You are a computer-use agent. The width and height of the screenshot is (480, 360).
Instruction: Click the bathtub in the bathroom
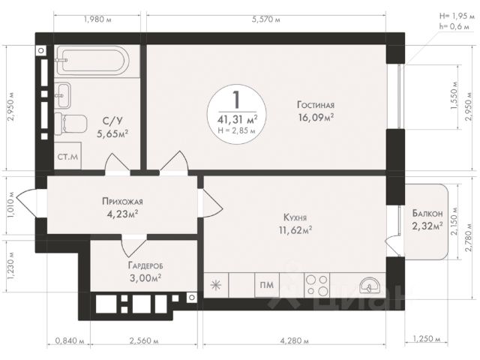[x=91, y=61]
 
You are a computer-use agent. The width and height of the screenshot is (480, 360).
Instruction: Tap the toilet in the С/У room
[x=70, y=124]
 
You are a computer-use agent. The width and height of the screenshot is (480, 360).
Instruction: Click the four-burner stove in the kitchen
[x=316, y=285]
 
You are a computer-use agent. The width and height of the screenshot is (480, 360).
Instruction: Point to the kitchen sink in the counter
[x=370, y=286]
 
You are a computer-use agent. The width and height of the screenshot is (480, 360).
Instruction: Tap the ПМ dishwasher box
[x=267, y=285]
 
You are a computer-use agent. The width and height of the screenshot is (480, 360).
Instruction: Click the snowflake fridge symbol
[x=216, y=285]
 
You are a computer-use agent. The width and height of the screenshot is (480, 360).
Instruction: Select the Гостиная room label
[x=316, y=105]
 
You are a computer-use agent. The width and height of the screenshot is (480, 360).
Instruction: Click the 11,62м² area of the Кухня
[x=295, y=230]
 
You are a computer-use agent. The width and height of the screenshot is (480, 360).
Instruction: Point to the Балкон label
[x=427, y=213]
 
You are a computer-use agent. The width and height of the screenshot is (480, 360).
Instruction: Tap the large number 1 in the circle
[x=236, y=100]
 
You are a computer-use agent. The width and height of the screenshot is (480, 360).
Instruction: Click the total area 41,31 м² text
[x=238, y=119]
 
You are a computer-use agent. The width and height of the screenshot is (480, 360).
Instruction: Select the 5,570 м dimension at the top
[x=266, y=19]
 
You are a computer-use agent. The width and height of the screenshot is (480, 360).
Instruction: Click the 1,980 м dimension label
[x=97, y=19]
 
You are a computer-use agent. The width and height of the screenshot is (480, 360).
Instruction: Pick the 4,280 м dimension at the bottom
[x=295, y=340]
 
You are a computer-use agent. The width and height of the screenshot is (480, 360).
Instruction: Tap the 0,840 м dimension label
[x=70, y=340]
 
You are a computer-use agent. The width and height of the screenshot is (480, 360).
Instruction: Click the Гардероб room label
[x=145, y=265]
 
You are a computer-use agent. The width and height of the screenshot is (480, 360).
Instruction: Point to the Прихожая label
[x=122, y=202]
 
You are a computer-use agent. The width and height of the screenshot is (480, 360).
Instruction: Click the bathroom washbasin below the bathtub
[x=63, y=95]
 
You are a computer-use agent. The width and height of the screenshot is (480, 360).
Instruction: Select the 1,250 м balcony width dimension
[x=427, y=338]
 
